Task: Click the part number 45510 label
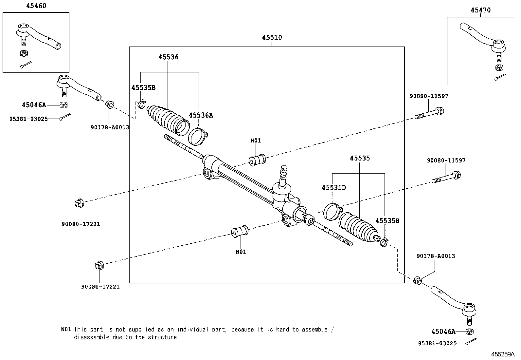coord(272,38)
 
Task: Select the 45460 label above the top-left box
coord(36,6)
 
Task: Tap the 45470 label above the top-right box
coord(480,10)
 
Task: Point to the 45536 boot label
coord(168,57)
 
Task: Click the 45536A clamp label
coord(201,115)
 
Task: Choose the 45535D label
coord(333,188)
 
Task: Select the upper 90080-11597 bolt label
coord(429,96)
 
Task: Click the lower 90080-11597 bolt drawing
coord(446,177)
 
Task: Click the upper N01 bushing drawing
coord(257,160)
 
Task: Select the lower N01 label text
coord(241,252)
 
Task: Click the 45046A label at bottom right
coord(443,332)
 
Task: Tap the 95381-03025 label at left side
coord(28,119)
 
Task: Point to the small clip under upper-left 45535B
coord(142,104)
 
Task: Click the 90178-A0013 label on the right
coord(436,256)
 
